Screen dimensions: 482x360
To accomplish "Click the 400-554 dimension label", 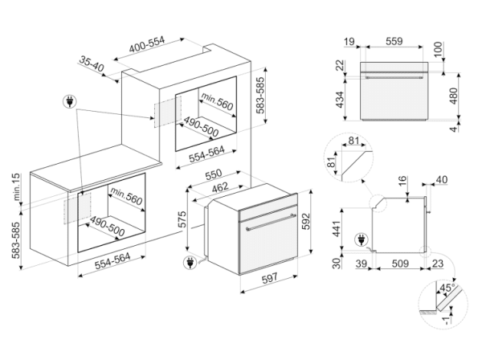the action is coord(147,45).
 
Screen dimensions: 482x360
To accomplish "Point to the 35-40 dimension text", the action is coord(92,63).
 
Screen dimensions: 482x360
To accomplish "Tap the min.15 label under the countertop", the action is coord(16,186).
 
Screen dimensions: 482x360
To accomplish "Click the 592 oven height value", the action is coord(306,221).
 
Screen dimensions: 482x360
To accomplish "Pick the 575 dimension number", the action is coord(182,219).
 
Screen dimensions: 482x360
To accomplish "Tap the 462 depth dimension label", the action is coord(220,187).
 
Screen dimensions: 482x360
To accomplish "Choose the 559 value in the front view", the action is coord(394,41).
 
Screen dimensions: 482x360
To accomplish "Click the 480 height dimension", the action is coord(453,96).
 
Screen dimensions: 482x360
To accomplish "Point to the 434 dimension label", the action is coord(339,100).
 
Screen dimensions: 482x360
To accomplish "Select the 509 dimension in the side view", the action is coord(400,264).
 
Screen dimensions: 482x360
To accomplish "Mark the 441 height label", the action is coord(337,229).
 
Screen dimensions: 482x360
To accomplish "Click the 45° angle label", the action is coord(447,288).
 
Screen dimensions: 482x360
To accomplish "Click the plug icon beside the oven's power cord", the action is coord(190,263).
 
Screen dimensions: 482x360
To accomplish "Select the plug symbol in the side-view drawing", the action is coord(361,239).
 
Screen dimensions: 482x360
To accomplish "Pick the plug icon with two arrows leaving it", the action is coord(70,101).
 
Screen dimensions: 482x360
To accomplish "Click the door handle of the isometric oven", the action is coord(271,221).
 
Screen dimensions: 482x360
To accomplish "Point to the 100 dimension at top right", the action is coord(439,49).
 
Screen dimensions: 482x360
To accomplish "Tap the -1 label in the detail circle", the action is coord(447,321).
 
